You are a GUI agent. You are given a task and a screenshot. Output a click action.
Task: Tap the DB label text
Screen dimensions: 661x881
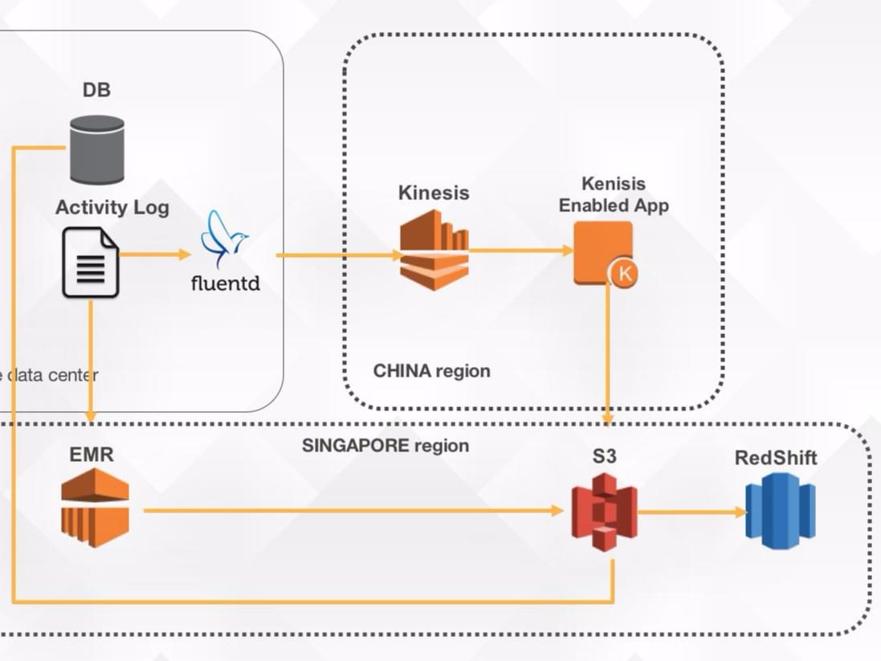(x=96, y=90)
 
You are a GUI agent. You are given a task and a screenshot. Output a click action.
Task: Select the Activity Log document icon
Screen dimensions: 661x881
(x=91, y=262)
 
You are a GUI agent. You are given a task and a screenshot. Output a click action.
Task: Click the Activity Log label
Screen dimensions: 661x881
(x=112, y=207)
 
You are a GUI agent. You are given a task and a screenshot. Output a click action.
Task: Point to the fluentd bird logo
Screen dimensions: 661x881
(x=225, y=239)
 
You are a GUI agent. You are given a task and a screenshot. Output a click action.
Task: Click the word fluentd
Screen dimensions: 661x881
(x=226, y=283)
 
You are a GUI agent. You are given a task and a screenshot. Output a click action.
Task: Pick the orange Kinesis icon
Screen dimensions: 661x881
(x=434, y=250)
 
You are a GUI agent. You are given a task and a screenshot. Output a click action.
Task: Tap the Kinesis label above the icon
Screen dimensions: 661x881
(x=434, y=193)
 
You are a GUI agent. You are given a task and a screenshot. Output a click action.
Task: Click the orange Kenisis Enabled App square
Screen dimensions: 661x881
(x=602, y=251)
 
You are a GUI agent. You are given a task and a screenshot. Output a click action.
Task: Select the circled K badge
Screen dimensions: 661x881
(x=624, y=274)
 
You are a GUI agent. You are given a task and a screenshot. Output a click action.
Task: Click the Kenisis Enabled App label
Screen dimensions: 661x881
(x=614, y=195)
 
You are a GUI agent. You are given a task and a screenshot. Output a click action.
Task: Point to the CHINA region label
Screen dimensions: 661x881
(x=431, y=371)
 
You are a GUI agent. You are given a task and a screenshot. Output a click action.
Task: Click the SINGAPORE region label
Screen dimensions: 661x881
(x=385, y=445)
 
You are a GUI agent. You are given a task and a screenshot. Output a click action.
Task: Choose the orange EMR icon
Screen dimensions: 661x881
(x=96, y=508)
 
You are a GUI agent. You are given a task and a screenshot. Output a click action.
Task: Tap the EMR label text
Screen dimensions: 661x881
(x=92, y=455)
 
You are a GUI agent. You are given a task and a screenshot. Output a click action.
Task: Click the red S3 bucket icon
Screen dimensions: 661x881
(x=604, y=512)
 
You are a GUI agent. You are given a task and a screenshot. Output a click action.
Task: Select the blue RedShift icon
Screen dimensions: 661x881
(x=780, y=511)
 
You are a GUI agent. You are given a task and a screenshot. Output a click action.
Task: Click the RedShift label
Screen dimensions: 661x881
(x=776, y=458)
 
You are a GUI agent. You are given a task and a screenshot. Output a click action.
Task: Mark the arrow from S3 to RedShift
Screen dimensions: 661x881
(x=691, y=512)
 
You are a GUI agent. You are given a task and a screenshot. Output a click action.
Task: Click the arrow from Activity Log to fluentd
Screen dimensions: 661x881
(x=155, y=255)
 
